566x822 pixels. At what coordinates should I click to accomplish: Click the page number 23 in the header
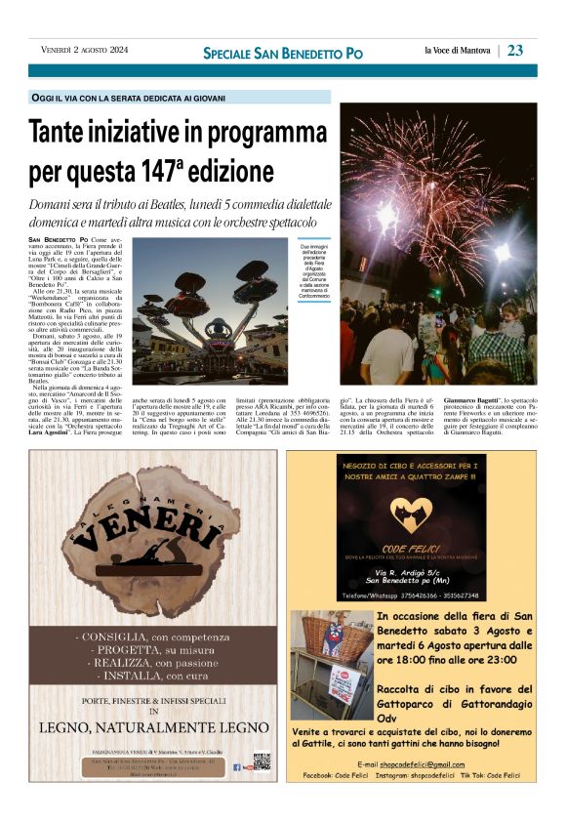click(515, 51)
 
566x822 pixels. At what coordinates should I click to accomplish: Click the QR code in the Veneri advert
click(261, 760)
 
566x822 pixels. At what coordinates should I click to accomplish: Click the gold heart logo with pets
click(410, 514)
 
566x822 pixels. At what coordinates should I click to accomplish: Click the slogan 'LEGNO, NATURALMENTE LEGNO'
click(146, 726)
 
